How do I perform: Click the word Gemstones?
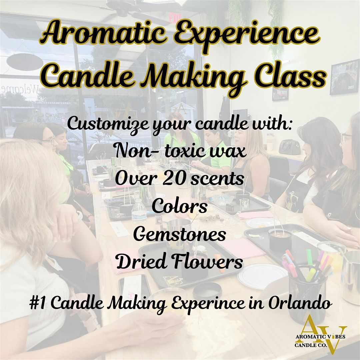(180, 235)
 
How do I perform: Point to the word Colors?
(180, 206)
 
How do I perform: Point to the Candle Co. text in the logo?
(311, 345)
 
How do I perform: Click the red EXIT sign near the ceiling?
(175, 18)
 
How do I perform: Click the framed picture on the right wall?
(344, 77)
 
